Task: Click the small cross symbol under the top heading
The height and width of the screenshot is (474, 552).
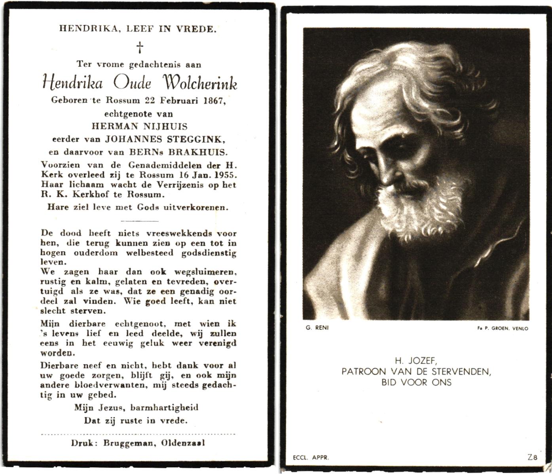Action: pyautogui.click(x=140, y=48)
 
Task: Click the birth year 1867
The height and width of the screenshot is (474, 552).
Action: pyautogui.click(x=214, y=100)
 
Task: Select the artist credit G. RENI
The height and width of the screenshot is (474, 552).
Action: pyautogui.click(x=312, y=327)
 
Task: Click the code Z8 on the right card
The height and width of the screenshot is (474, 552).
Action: pyautogui.click(x=532, y=457)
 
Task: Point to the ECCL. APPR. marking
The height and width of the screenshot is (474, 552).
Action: pyautogui.click(x=311, y=458)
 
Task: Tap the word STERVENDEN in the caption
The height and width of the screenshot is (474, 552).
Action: pyautogui.click(x=459, y=371)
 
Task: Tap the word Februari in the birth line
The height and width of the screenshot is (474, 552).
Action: pyautogui.click(x=179, y=100)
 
